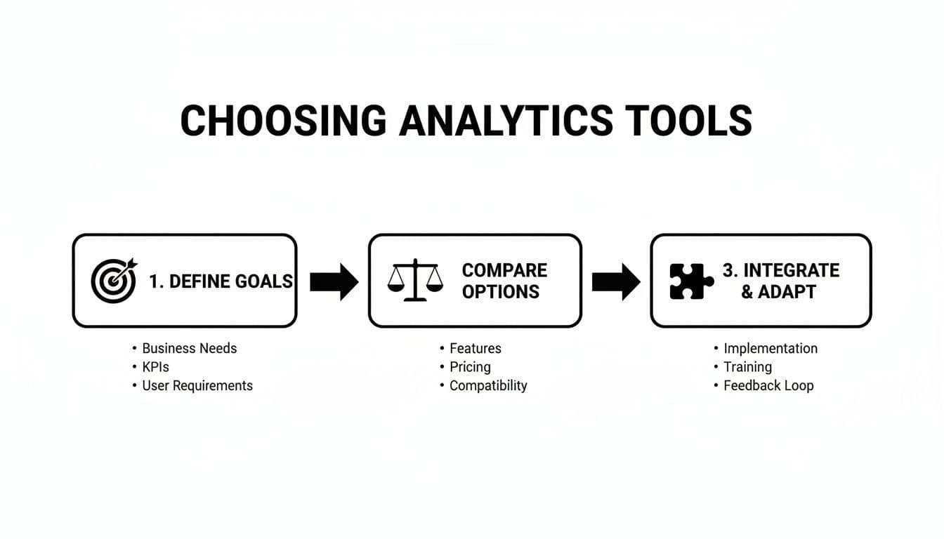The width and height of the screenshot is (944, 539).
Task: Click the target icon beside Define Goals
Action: [114, 281]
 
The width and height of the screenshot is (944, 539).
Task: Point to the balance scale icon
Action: [415, 281]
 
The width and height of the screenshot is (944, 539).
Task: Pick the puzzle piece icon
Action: [691, 281]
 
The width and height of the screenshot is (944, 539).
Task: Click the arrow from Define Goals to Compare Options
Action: [334, 281]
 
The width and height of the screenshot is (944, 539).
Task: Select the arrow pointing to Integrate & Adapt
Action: [616, 281]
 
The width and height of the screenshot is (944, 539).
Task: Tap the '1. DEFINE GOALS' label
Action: [221, 281]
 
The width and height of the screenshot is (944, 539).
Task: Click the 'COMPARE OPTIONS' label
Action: [504, 281]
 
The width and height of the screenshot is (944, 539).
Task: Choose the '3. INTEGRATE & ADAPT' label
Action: [780, 281]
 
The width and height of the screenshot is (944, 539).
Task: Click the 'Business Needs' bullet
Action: [189, 348]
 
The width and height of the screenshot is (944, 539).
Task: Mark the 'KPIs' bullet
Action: [155, 367]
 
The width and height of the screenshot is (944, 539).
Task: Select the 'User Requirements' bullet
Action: [197, 385]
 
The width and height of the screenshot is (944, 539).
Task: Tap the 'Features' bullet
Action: [475, 348]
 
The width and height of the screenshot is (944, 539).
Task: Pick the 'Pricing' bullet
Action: [470, 367]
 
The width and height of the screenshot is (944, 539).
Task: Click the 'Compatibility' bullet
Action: [487, 385]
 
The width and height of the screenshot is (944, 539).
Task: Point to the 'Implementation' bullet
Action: [770, 348]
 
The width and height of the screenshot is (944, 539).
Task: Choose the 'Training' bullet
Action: [747, 367]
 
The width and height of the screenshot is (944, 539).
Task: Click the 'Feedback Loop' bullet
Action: [768, 385]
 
